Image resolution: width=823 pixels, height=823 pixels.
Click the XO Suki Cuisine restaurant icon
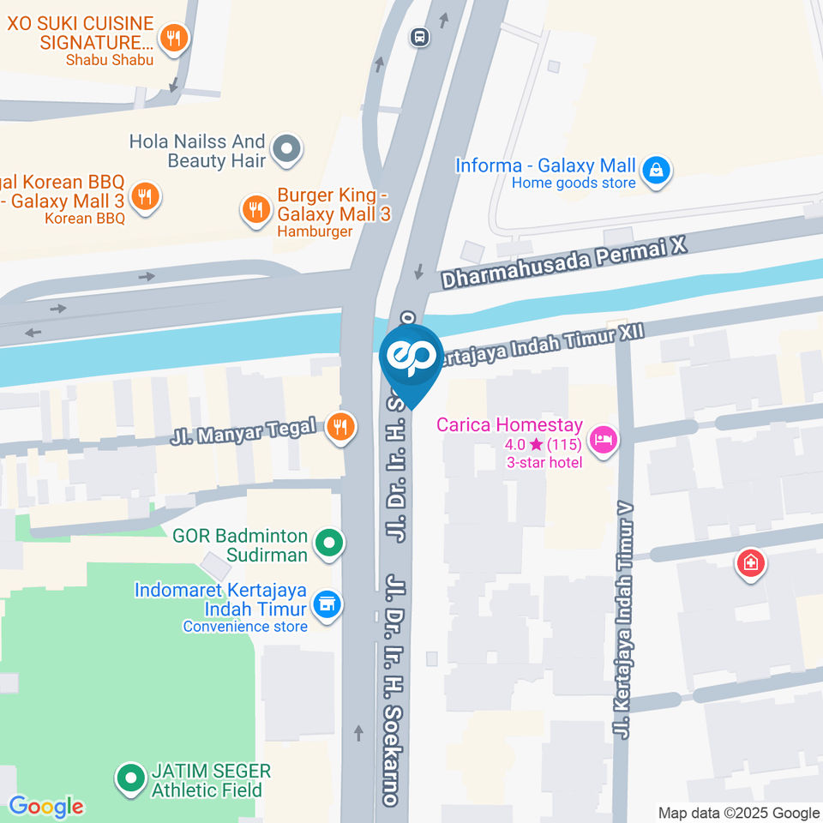click(175, 37)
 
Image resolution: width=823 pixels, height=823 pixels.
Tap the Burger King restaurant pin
click(255, 208)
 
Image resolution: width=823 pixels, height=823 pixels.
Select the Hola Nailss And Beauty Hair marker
click(286, 151)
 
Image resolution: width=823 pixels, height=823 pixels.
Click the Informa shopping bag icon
click(656, 169)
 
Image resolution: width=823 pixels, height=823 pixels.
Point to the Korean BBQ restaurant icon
click(145, 196)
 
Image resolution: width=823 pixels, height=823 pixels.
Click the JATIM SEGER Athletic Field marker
click(130, 778)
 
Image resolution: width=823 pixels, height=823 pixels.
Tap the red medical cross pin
click(751, 563)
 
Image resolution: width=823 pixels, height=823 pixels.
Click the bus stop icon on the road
click(419, 37)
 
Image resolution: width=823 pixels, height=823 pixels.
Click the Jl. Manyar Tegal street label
click(243, 432)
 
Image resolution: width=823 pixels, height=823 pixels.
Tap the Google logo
click(46, 806)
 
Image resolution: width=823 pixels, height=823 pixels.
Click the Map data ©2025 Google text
click(738, 813)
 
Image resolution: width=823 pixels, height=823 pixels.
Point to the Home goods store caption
click(574, 183)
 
